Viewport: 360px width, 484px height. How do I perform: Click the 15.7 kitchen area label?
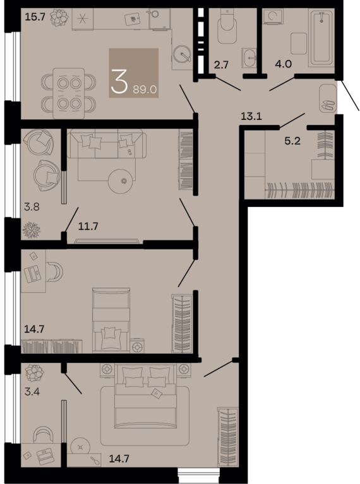point(35,16)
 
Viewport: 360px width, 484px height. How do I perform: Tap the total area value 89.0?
point(145,90)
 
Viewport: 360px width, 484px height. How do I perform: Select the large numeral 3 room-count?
point(119,81)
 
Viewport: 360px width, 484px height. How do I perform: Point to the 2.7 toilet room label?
point(221,65)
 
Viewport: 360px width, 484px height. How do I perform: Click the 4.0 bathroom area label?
point(284,64)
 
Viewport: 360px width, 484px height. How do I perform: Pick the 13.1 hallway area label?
point(251,116)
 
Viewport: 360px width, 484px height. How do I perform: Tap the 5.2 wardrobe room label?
point(292,141)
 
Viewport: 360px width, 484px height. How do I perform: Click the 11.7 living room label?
point(88,227)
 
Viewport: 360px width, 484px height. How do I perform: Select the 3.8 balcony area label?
point(32,206)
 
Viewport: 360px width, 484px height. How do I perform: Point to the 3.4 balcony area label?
point(32,392)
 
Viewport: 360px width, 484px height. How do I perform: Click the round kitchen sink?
point(183,54)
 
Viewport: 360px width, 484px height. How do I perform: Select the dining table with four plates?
point(69,93)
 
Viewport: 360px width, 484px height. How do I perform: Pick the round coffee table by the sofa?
point(121,181)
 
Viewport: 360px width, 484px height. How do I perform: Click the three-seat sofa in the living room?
point(107,143)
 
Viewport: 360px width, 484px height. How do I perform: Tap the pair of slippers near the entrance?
point(328,105)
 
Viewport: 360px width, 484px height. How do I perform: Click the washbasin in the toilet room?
point(249,57)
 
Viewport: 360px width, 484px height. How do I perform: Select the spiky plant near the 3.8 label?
point(32,230)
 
